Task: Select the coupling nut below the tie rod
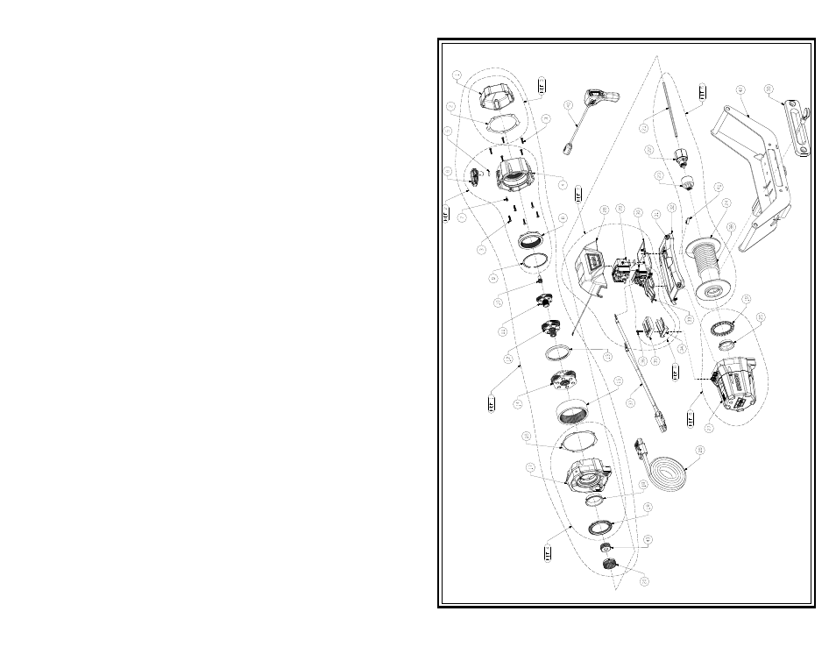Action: (x=680, y=159)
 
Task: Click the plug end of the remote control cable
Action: (x=570, y=149)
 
